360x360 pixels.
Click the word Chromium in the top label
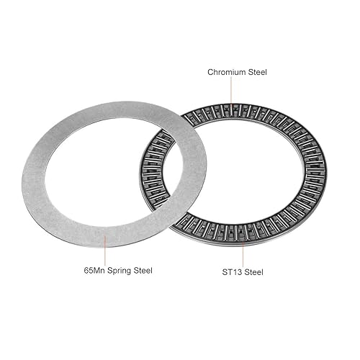coord(224,72)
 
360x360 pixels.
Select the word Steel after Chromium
coord(256,72)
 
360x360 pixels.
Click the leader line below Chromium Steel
coord(232,92)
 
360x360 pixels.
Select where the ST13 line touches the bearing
coord(242,240)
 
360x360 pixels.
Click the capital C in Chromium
coord(210,72)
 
